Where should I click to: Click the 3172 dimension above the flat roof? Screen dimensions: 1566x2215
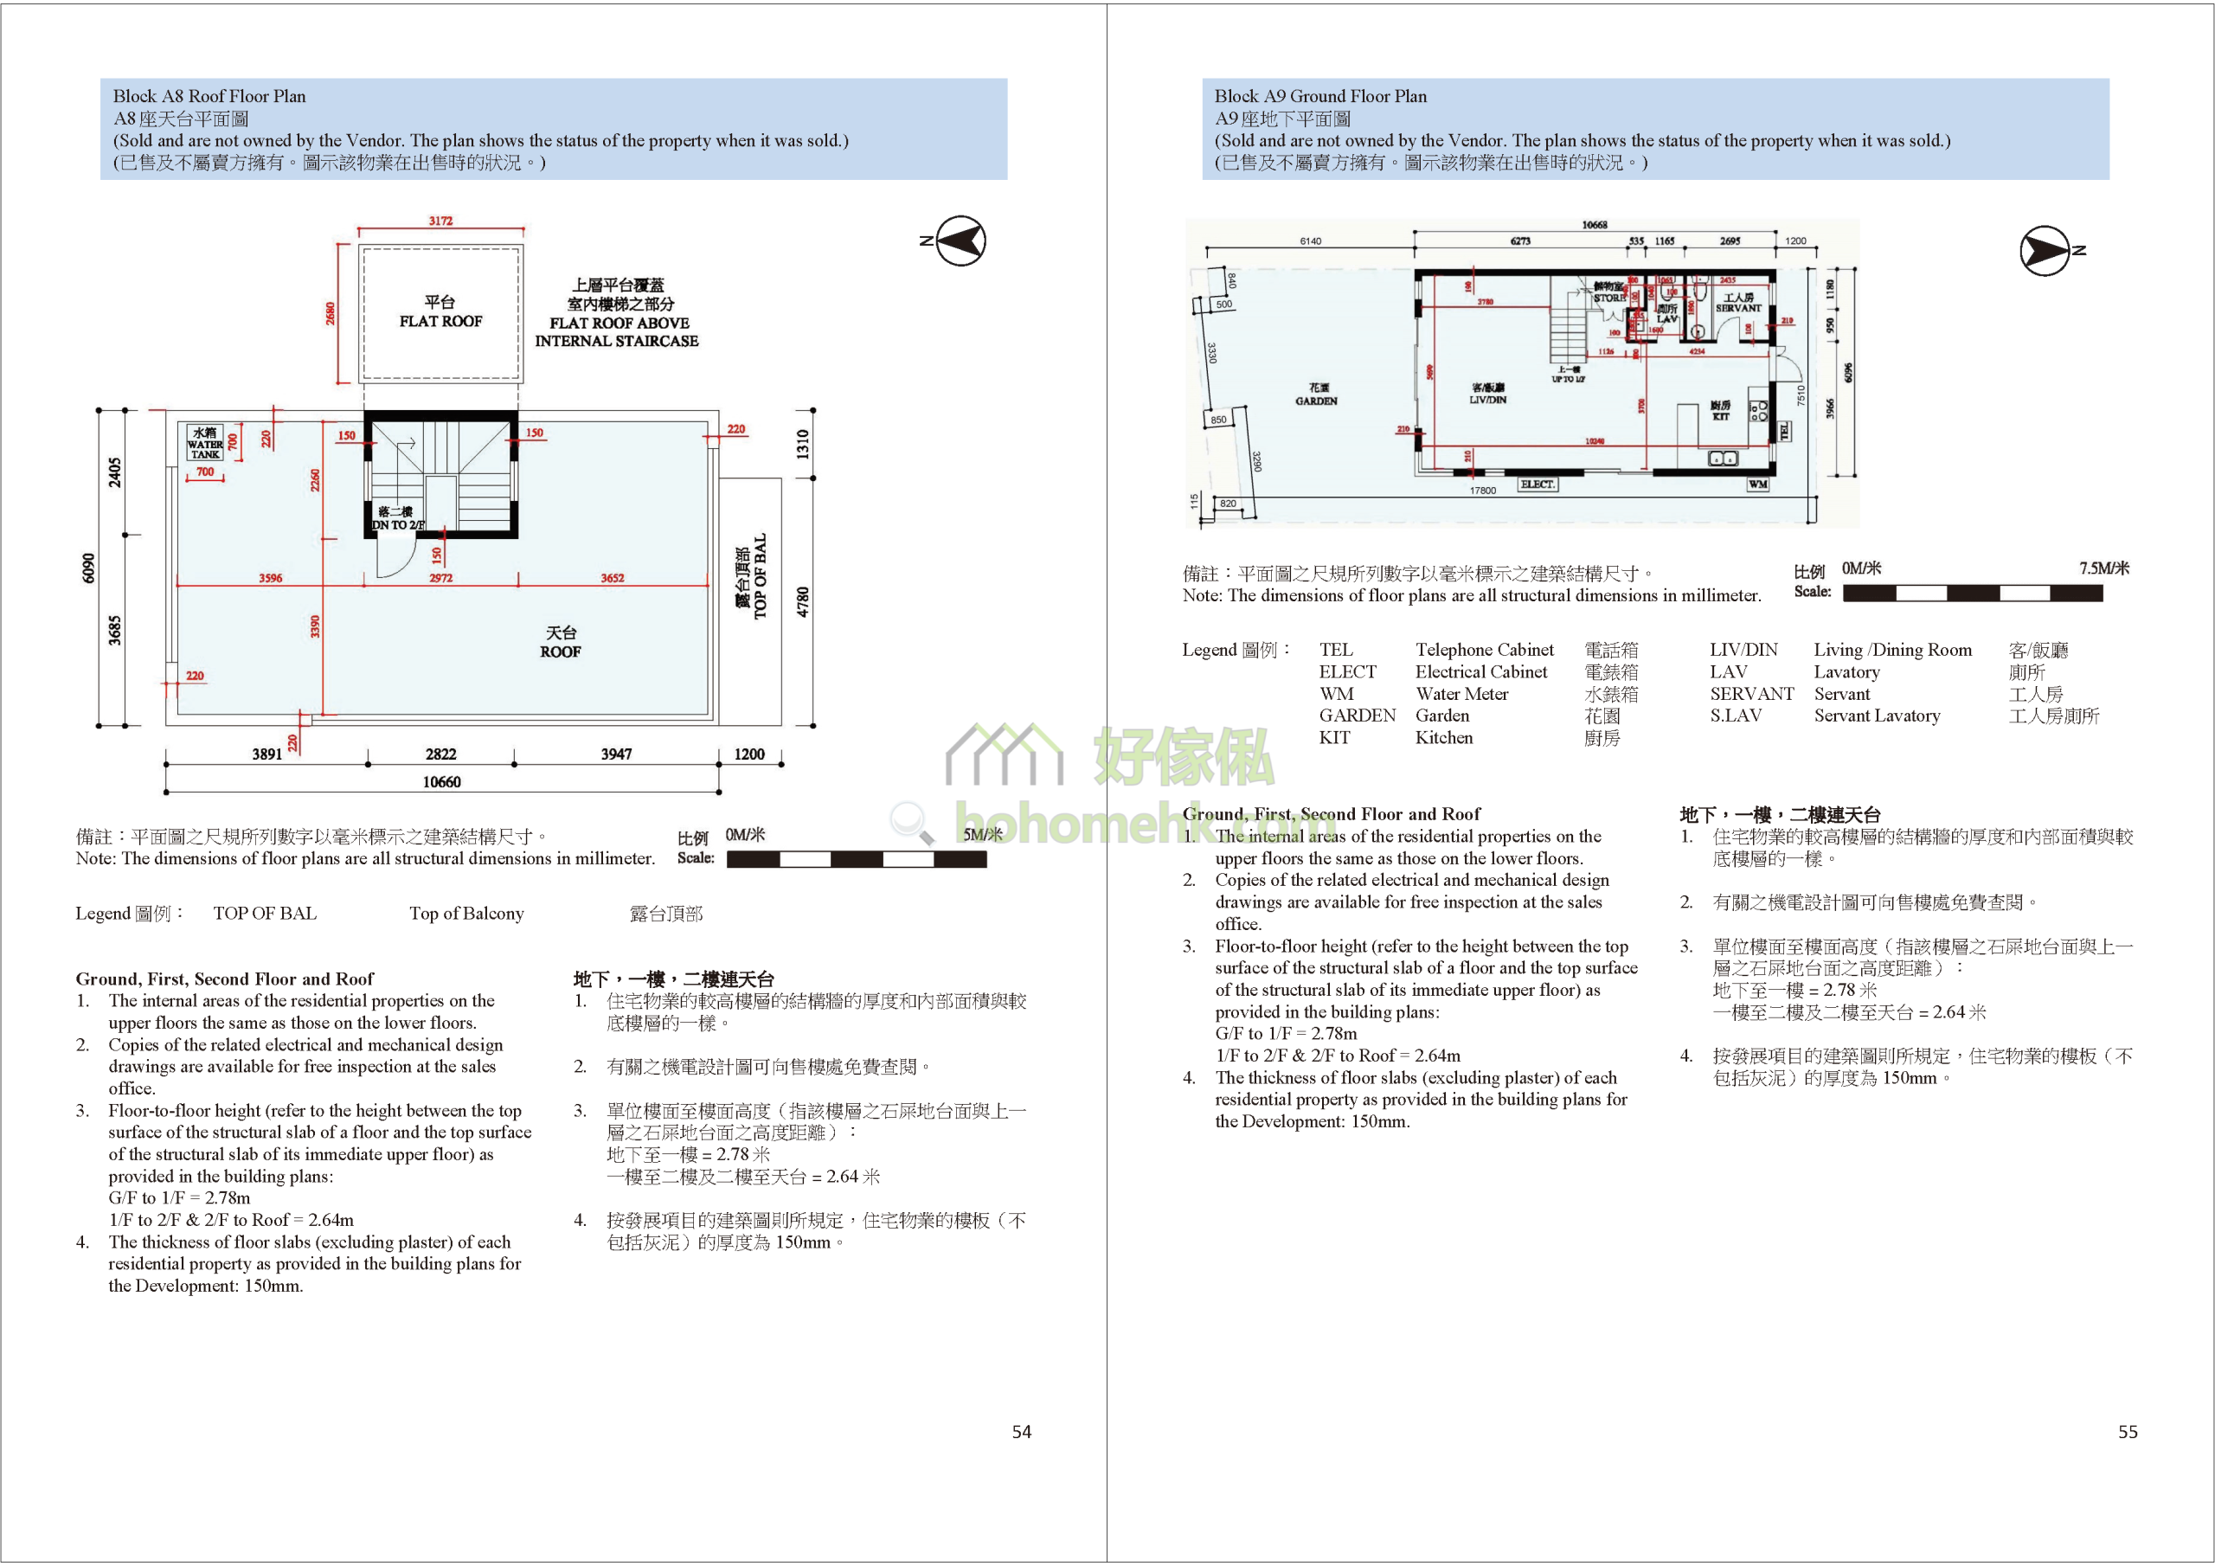(441, 221)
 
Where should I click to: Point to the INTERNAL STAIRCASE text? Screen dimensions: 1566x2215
(616, 342)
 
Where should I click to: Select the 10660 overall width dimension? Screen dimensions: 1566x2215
(442, 781)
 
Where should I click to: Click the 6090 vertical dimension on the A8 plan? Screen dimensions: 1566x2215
(89, 568)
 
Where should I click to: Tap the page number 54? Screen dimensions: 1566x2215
(1021, 1432)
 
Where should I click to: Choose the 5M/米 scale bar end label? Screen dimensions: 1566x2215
(982, 835)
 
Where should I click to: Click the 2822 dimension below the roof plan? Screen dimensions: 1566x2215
(441, 754)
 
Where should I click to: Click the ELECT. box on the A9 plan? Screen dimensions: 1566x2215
(1538, 485)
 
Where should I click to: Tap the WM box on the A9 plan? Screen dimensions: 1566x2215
(1757, 485)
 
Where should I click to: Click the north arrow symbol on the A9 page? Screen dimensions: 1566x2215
(2045, 251)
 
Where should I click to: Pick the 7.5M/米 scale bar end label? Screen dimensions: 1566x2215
(2104, 568)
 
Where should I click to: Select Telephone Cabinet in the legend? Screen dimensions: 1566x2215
(1485, 651)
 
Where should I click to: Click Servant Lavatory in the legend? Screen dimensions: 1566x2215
(1877, 716)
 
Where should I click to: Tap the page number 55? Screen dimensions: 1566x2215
(2128, 1432)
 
